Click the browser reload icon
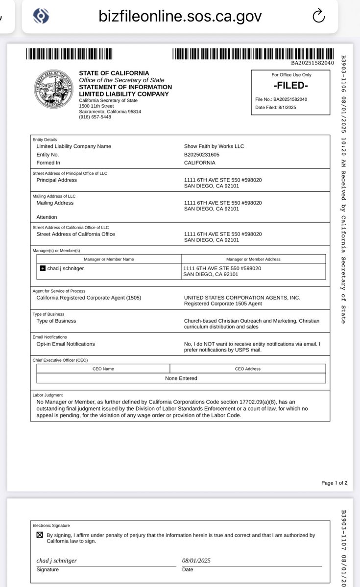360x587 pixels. [x=318, y=16]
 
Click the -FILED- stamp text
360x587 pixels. [x=291, y=85]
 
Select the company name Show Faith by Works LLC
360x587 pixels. [x=214, y=146]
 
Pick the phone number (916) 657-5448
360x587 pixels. [x=95, y=117]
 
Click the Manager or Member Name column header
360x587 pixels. [x=109, y=259]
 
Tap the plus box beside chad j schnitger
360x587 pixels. [x=43, y=268]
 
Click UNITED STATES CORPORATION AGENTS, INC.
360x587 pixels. [x=242, y=298]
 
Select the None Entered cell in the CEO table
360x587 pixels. [x=181, y=378]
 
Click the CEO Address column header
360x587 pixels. [x=247, y=369]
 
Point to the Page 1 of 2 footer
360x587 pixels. [x=334, y=483]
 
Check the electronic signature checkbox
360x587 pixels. [x=40, y=535]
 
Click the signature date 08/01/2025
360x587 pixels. [x=196, y=561]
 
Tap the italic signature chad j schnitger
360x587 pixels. [x=56, y=561]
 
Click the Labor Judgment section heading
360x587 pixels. [x=48, y=395]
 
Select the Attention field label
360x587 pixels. [x=47, y=217]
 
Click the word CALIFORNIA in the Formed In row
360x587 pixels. [x=200, y=163]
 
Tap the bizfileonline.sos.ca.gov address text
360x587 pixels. [x=180, y=16]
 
